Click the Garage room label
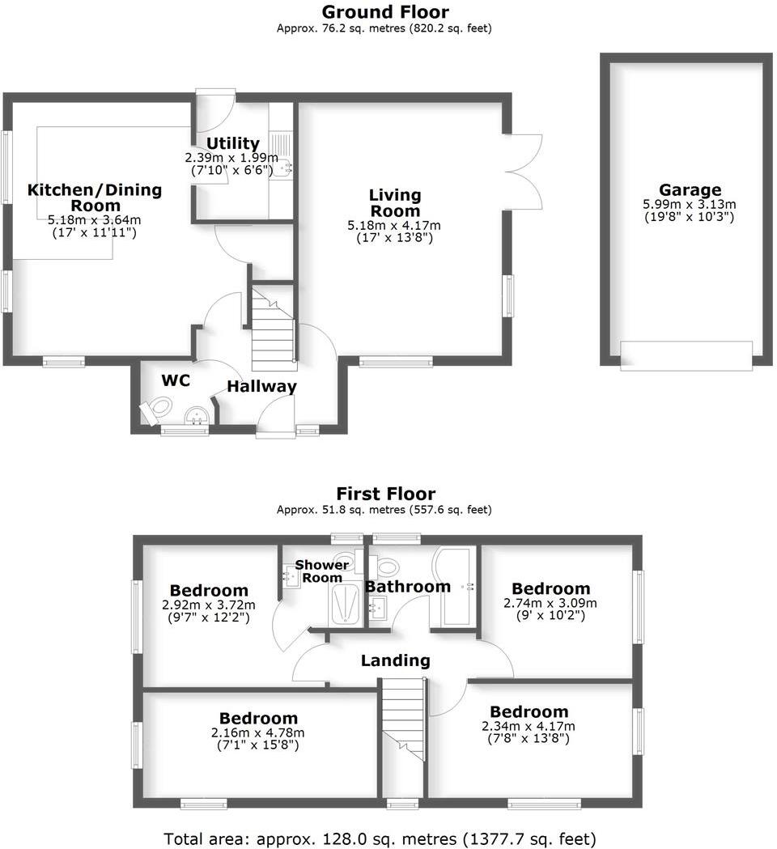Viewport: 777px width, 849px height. click(x=689, y=191)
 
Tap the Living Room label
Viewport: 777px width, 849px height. click(x=395, y=203)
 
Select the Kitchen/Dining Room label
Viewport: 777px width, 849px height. click(x=95, y=197)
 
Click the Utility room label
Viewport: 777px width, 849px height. click(x=232, y=144)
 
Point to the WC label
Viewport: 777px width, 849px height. click(x=176, y=380)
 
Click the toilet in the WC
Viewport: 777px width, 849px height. click(x=155, y=410)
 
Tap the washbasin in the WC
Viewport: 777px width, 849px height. click(x=197, y=416)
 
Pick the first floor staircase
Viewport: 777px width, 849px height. click(x=403, y=716)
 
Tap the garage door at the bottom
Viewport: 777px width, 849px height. click(x=686, y=355)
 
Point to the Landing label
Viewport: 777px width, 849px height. click(x=395, y=660)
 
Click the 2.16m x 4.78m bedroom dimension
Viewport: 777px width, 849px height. click(x=258, y=732)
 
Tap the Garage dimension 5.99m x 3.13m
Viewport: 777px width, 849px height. click(x=689, y=206)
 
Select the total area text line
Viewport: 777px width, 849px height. click(x=380, y=838)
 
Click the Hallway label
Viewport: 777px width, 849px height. click(x=261, y=387)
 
